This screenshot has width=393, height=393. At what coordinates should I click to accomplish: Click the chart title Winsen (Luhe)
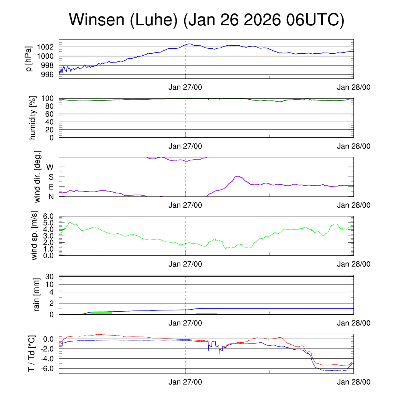(206, 20)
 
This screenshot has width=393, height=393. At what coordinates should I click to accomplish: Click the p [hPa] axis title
(29, 59)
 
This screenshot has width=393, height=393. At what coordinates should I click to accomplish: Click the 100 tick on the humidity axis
(49, 99)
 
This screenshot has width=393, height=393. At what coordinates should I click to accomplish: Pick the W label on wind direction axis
(50, 167)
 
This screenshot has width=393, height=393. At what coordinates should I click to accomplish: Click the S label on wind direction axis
(51, 177)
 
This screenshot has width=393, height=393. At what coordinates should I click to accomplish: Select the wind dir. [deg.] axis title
(38, 177)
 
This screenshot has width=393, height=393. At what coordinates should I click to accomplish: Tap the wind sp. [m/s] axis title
(35, 236)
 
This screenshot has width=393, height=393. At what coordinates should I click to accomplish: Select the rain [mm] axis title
(37, 295)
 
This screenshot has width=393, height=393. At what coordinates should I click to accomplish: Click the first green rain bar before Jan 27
(101, 313)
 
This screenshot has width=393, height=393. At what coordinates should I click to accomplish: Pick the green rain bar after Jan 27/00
(206, 313)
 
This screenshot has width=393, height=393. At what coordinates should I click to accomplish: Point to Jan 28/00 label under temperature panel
(353, 382)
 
